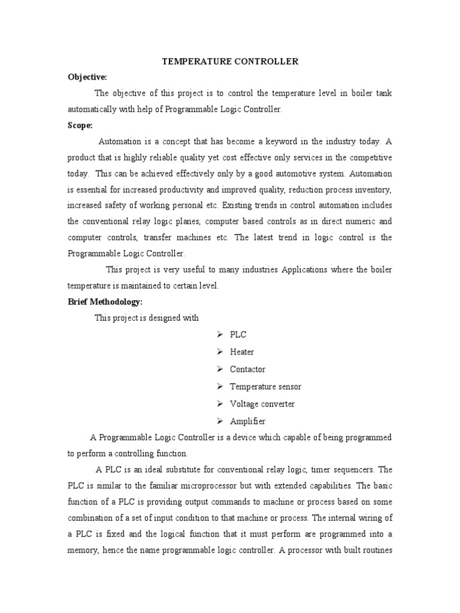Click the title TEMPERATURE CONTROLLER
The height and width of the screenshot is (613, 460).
click(x=231, y=62)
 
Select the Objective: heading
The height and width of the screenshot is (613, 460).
click(x=87, y=78)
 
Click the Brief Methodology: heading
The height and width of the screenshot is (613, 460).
click(x=104, y=302)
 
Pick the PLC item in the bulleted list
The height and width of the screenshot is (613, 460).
click(x=238, y=335)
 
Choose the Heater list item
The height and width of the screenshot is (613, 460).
click(x=242, y=352)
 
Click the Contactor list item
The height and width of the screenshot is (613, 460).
click(x=247, y=369)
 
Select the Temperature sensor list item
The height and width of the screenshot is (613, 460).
click(x=265, y=387)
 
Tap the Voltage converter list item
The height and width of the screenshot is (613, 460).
click(x=262, y=404)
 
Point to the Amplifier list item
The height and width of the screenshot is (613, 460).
click(x=247, y=421)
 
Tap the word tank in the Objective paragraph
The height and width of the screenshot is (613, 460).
click(x=383, y=94)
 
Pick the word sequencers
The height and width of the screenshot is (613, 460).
click(x=346, y=469)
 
